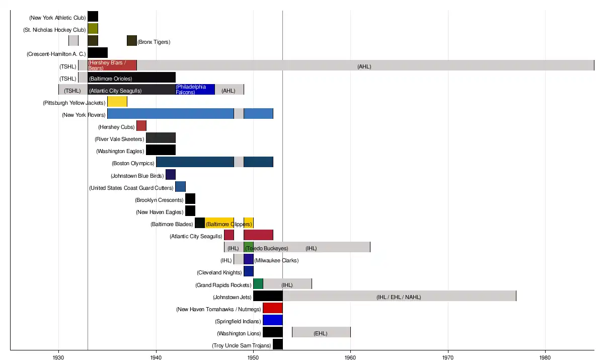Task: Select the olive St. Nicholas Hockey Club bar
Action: pos(93,29)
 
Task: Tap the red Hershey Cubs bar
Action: pos(141,126)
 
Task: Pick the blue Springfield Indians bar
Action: pos(272,320)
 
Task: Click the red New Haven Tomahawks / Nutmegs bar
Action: pos(272,308)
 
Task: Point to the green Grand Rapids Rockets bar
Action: pos(258,284)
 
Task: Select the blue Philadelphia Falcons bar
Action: pos(195,90)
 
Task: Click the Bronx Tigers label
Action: pos(154,42)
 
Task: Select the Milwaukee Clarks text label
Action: pos(276,260)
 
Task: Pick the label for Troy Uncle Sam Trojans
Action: pos(241,345)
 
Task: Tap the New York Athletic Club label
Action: pos(57,18)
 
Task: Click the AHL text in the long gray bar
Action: pos(364,66)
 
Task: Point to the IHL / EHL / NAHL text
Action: pos(399,297)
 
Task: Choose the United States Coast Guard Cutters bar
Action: pos(180,187)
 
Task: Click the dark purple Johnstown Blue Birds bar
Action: pos(170,175)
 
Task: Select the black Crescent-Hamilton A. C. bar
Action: pos(97,53)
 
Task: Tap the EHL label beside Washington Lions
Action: pos(320,333)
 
